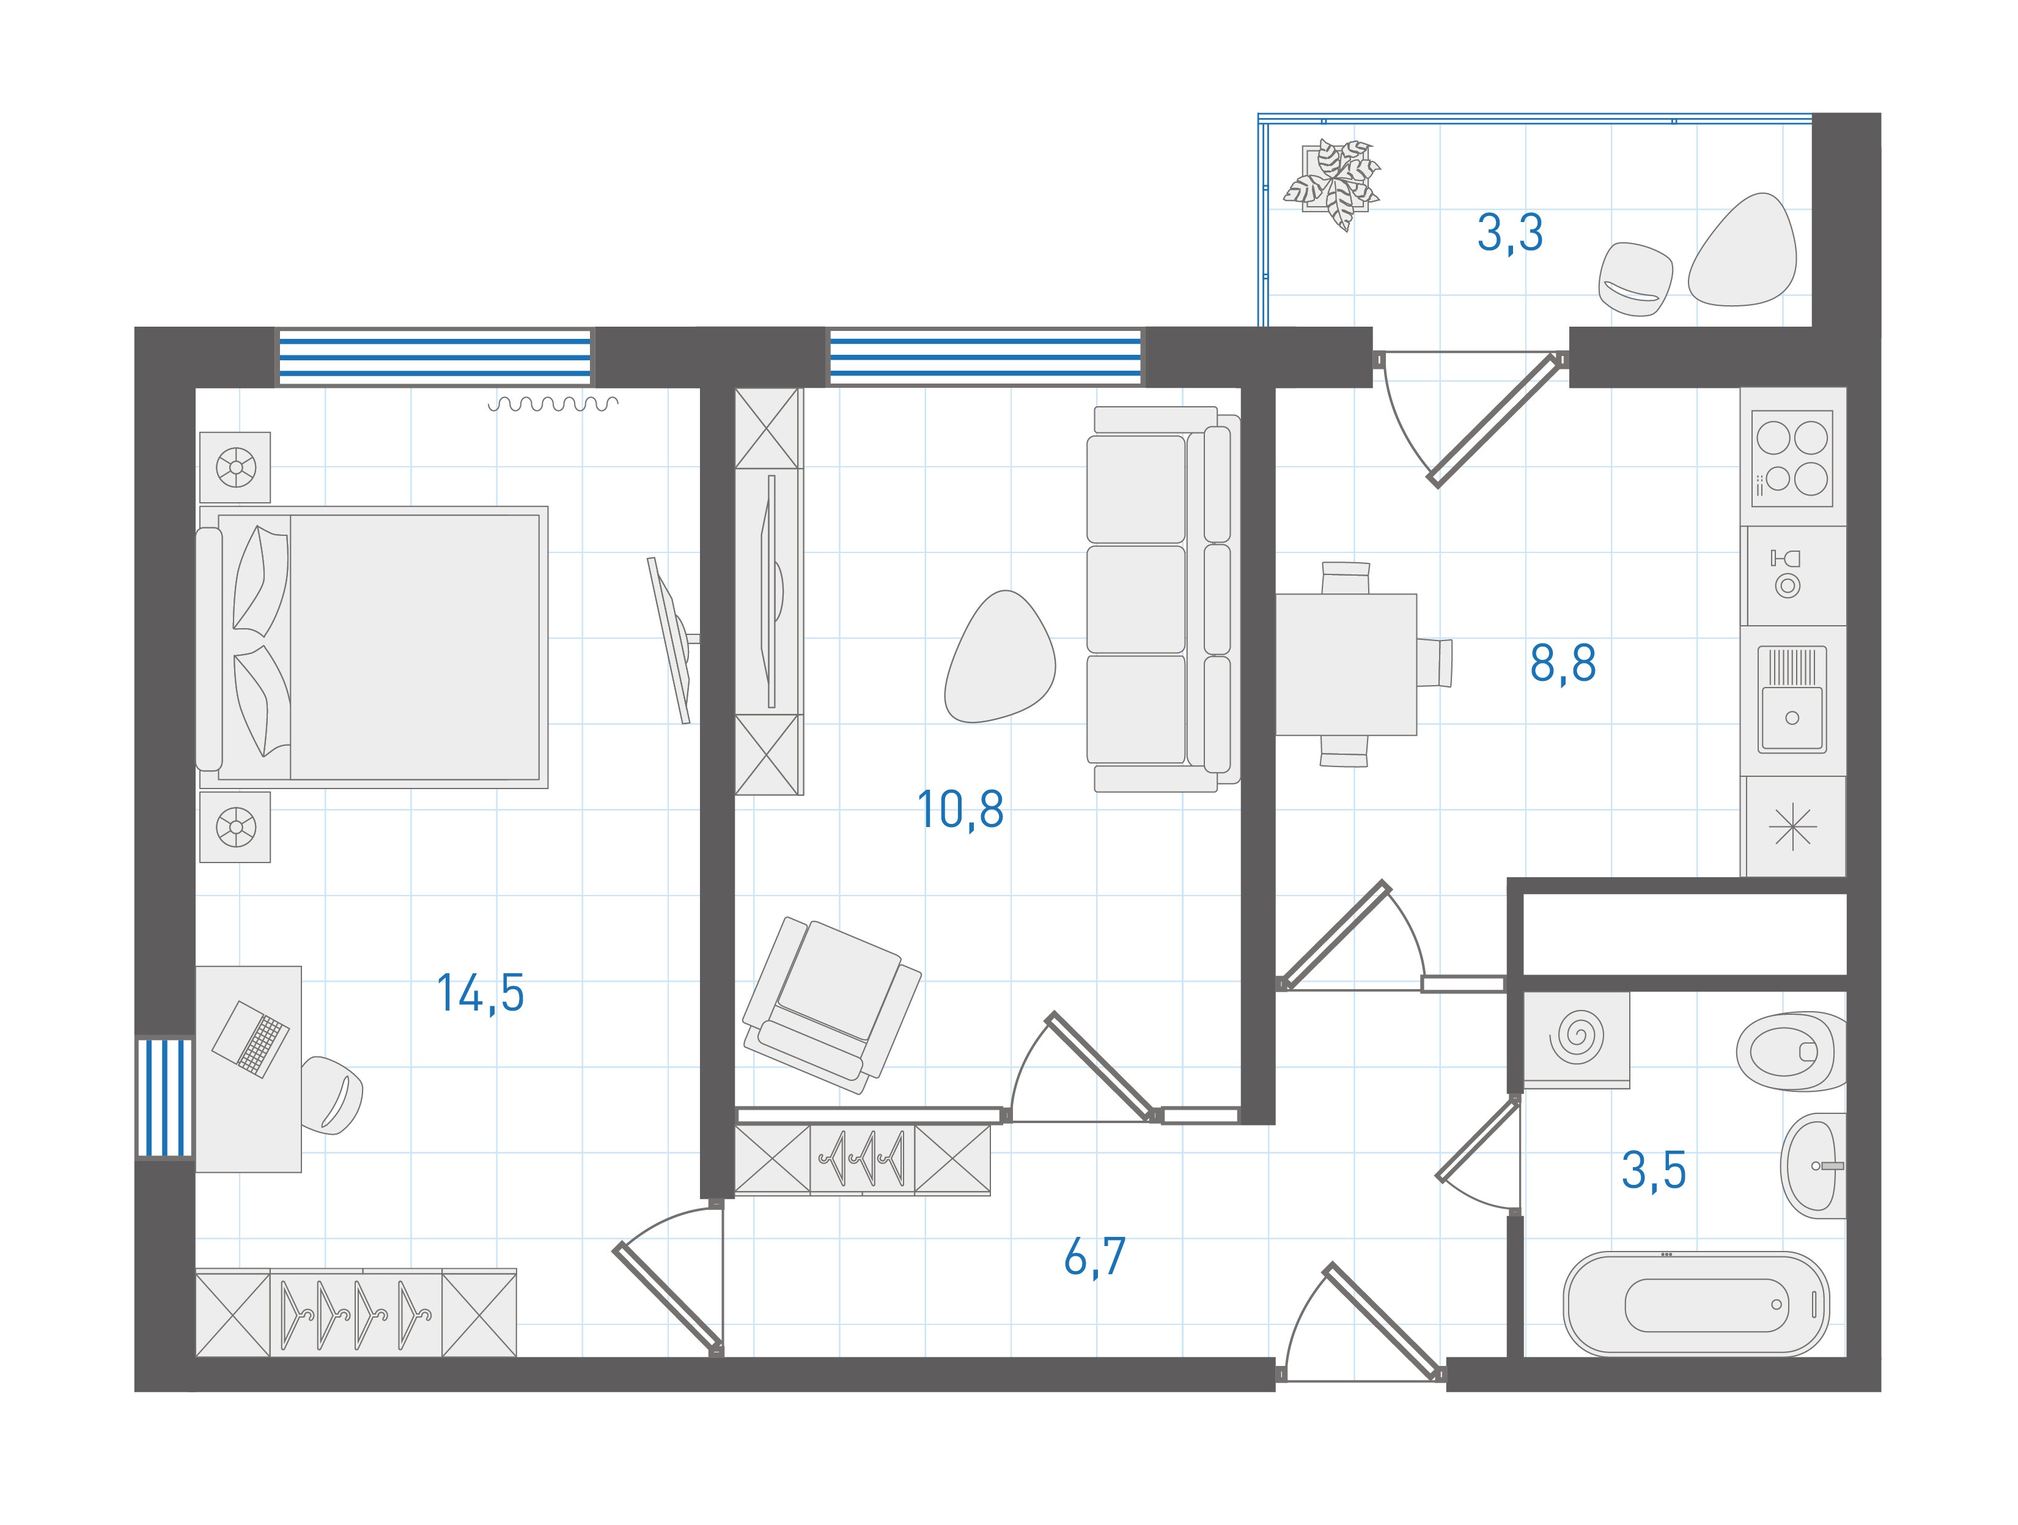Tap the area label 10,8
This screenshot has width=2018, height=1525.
tap(960, 809)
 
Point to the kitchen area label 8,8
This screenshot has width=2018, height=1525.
tap(1563, 664)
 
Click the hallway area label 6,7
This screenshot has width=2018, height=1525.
tap(1095, 1256)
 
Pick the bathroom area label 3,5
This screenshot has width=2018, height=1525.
tap(1653, 1171)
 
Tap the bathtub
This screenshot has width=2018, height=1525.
tap(1697, 1304)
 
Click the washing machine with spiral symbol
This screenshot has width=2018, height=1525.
tap(1577, 1039)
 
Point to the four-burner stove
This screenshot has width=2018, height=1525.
tap(1792, 458)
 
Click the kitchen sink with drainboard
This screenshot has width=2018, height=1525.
tap(1792, 699)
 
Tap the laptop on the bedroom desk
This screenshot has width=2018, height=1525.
tap(251, 1039)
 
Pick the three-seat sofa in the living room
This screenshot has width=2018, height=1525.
tap(1163, 599)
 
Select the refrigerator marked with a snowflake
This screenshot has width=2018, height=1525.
tap(1794, 827)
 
